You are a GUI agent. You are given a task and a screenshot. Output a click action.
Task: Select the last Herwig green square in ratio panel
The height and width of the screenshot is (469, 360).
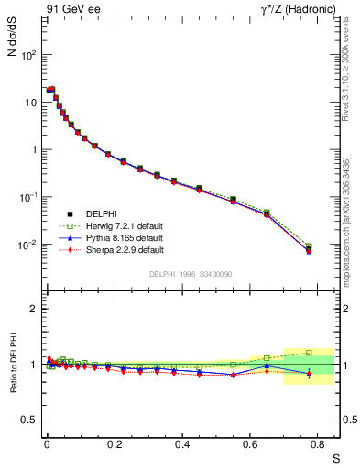click(x=309, y=353)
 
